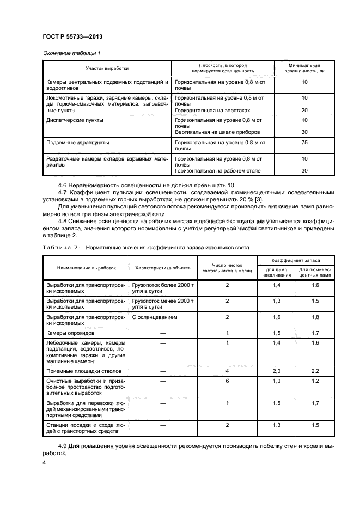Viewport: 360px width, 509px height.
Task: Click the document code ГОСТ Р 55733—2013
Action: (x=72, y=36)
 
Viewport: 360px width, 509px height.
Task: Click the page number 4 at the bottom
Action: (x=45, y=462)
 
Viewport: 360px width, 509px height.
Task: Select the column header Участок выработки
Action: (x=107, y=68)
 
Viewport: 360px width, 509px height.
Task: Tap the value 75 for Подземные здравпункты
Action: (x=304, y=142)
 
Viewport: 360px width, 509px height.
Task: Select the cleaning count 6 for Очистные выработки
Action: (x=227, y=382)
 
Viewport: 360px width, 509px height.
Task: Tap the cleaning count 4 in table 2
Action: (x=227, y=370)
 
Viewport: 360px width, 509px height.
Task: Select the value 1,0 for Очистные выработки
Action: (x=277, y=382)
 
